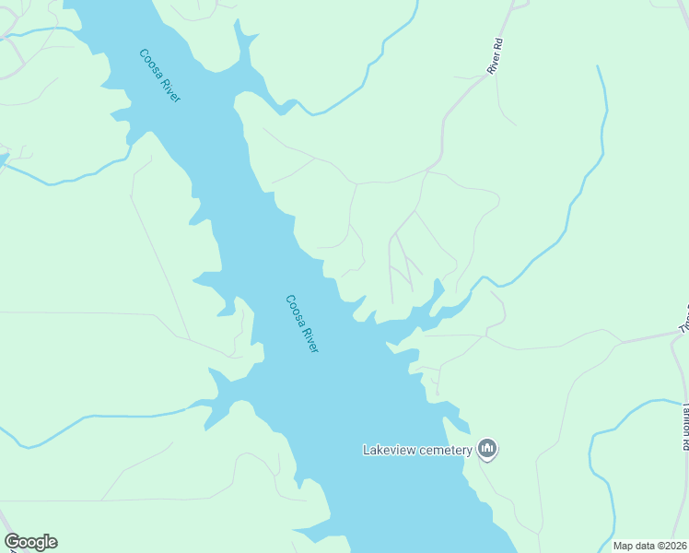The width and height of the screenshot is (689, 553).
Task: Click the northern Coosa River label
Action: (x=159, y=76)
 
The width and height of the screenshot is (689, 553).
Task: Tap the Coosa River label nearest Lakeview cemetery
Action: (x=302, y=324)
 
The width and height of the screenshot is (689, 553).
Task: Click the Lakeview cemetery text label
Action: (x=417, y=450)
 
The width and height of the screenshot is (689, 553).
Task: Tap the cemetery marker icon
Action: (x=487, y=450)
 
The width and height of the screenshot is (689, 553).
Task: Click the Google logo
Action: (x=30, y=542)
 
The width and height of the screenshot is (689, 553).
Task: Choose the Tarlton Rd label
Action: (x=684, y=425)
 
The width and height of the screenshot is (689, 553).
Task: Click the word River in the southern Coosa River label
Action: (x=310, y=338)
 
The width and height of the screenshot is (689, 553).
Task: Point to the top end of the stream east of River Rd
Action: (x=599, y=67)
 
